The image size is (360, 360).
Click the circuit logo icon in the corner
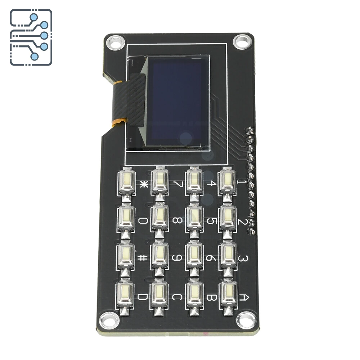(x=31, y=37)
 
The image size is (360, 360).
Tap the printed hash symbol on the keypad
(x=143, y=258)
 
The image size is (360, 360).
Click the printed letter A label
(x=244, y=297)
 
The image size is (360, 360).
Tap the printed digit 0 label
(x=143, y=221)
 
